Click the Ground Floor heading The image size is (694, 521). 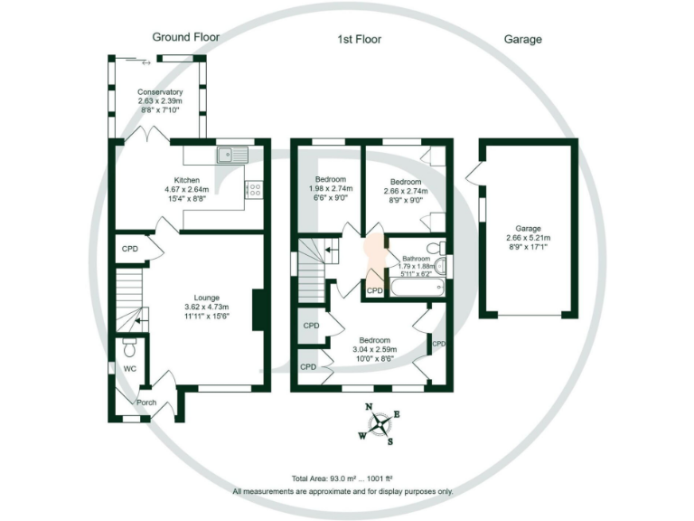click(186, 37)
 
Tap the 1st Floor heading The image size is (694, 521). click(360, 40)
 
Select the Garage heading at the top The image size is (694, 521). click(522, 40)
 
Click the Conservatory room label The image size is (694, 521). click(160, 92)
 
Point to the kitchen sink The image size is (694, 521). click(233, 155)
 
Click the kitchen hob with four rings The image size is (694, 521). click(255, 190)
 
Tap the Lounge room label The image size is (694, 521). click(207, 298)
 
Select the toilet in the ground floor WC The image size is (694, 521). click(129, 347)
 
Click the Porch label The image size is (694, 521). click(146, 403)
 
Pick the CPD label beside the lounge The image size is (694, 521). click(130, 249)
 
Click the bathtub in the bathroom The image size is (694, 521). click(417, 287)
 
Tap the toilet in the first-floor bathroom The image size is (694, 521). click(436, 247)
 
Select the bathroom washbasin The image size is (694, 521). click(440, 266)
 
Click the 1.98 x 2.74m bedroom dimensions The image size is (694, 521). click(331, 189)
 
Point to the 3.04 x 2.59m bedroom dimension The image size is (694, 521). click(374, 349)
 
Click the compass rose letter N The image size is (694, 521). click(369, 407)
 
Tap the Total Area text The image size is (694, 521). click(342, 478)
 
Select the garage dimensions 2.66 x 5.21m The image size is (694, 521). click(528, 238)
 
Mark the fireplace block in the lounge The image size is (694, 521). click(258, 310)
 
